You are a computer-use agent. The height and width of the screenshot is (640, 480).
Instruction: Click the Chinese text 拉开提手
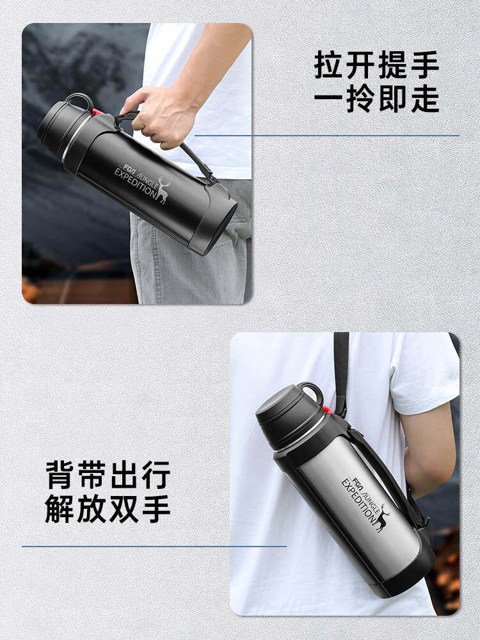point(376,65)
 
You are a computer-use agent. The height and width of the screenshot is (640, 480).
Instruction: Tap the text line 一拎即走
point(376,99)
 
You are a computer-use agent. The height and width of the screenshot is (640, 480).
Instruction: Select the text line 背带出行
point(108,475)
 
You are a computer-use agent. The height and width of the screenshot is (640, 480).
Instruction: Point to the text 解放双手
point(108,509)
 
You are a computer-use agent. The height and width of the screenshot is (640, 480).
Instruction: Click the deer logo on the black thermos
point(163,191)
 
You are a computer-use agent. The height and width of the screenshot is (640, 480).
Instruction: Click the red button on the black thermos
point(97,112)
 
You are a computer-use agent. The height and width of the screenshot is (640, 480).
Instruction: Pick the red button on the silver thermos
point(327,410)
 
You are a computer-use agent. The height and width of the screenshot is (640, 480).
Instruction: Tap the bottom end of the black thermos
point(214,220)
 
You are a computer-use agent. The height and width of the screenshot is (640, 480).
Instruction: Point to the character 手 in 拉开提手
point(425,65)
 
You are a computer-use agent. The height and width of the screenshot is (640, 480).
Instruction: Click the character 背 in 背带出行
point(60,475)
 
